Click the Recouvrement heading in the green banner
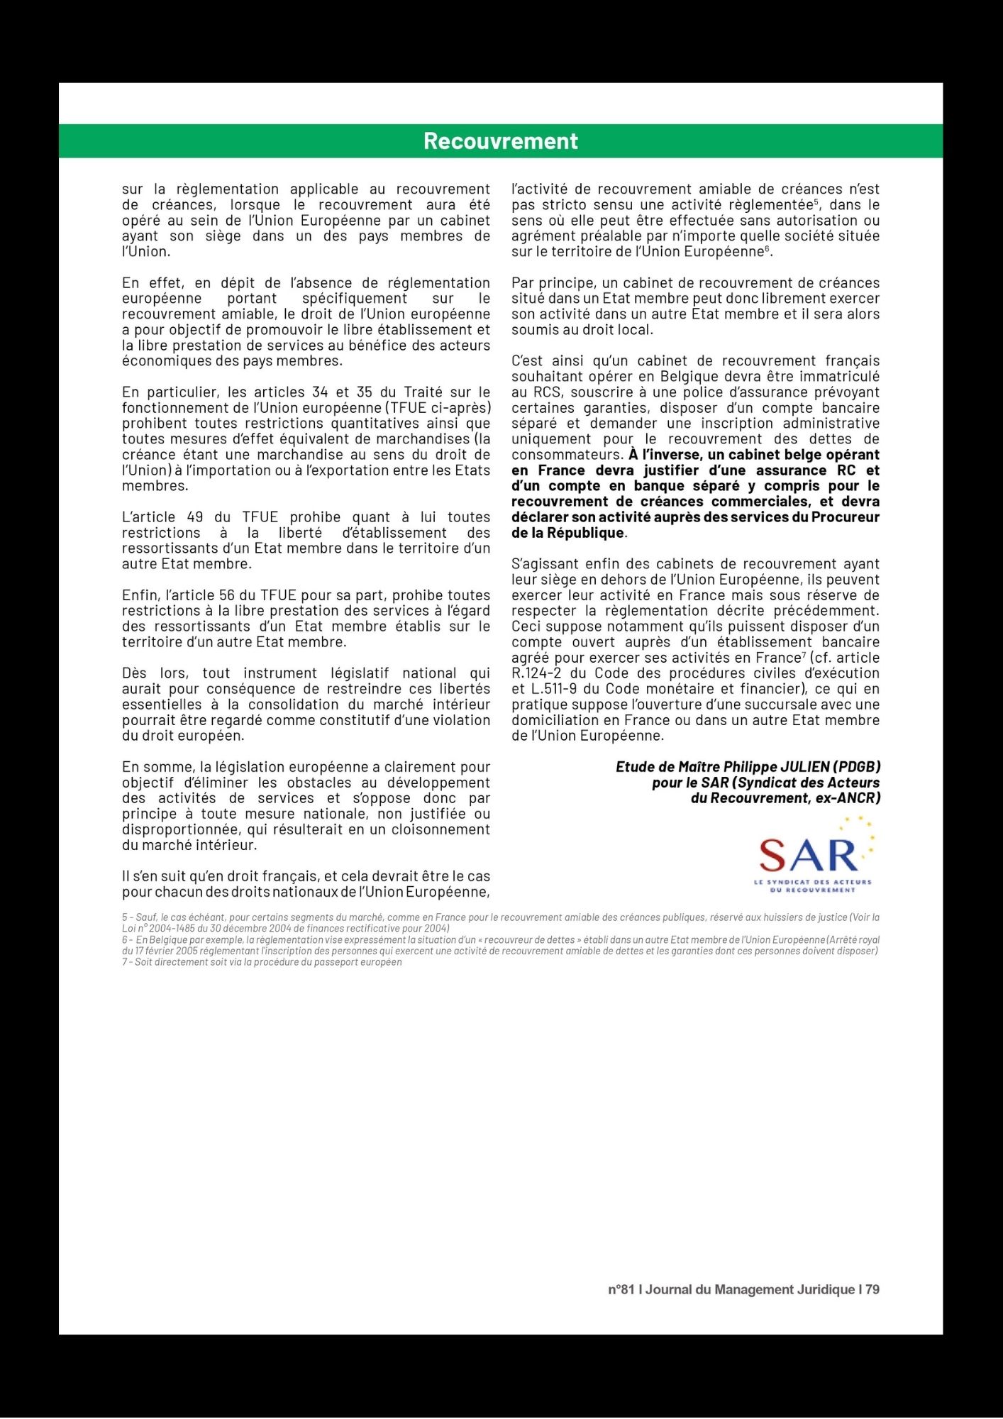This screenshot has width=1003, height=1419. point(501,141)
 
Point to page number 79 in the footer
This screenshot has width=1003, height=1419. point(872,1289)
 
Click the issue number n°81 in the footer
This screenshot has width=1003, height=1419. point(621,1289)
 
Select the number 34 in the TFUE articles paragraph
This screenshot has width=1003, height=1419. point(321,392)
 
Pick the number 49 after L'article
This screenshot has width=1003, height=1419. point(194,517)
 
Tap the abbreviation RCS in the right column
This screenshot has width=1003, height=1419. point(547,392)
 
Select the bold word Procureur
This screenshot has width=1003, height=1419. point(845,517)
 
